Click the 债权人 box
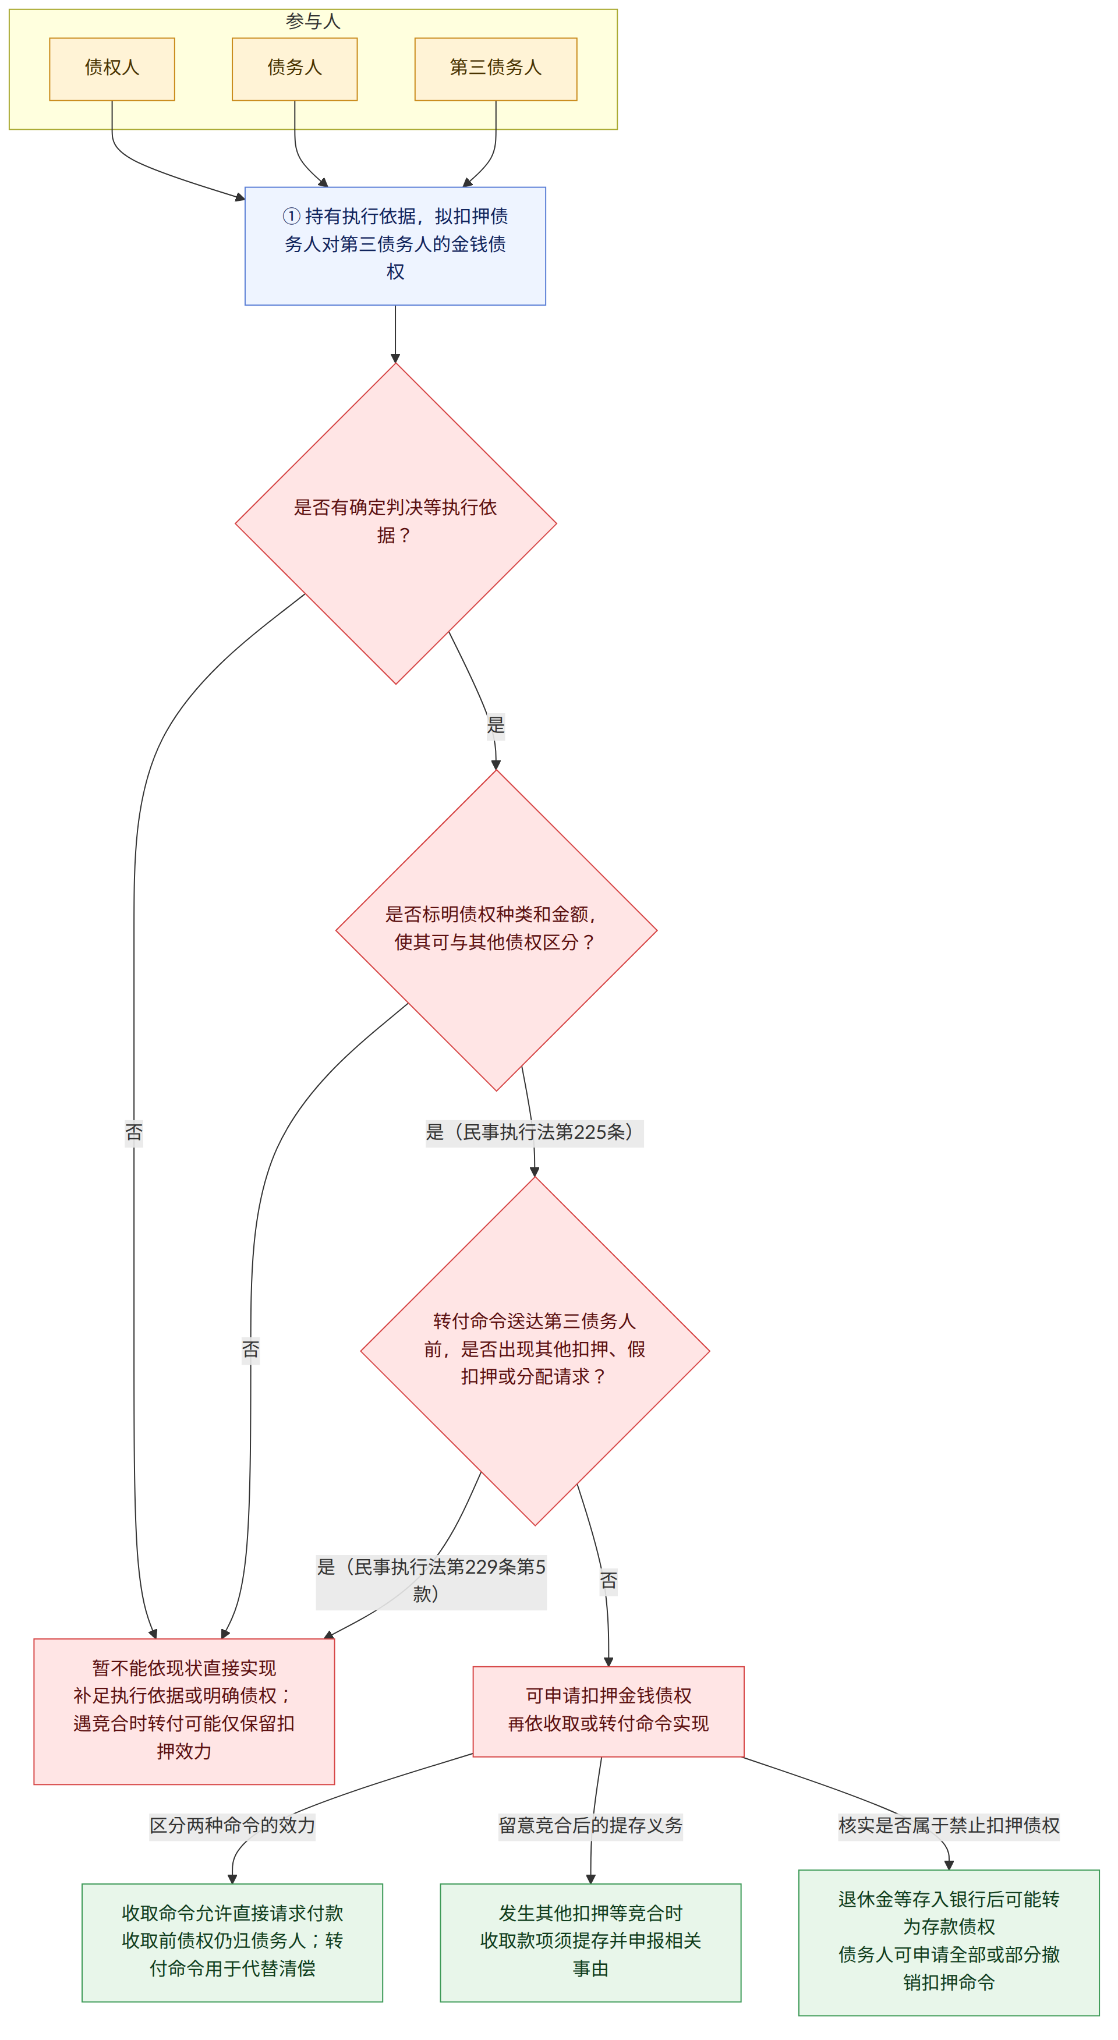click(x=112, y=69)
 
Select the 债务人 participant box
click(x=295, y=69)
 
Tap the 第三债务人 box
click(x=496, y=69)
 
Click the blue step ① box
click(x=395, y=246)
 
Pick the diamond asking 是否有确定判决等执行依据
click(x=396, y=523)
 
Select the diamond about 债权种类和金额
click(x=497, y=930)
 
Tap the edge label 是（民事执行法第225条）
click(x=535, y=1132)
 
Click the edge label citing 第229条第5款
click(x=431, y=1581)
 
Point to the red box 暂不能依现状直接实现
click(x=183, y=1711)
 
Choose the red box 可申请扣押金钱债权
click(x=608, y=1711)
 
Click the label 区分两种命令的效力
click(x=232, y=1825)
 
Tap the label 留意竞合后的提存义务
click(x=590, y=1825)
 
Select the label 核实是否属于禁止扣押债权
click(x=949, y=1825)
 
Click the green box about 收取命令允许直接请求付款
click(x=232, y=1941)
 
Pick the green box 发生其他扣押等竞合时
click(x=590, y=1941)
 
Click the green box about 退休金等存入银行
click(x=949, y=1941)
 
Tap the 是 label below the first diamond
click(x=496, y=725)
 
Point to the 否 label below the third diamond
click(x=608, y=1581)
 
